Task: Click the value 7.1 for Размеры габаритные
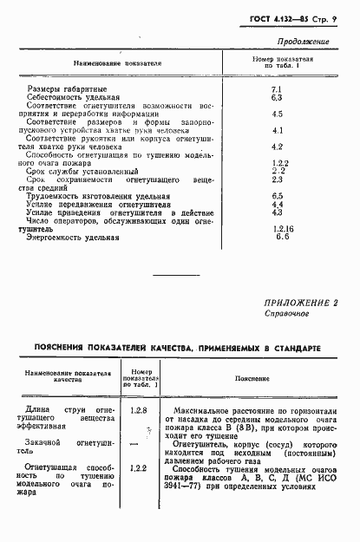click(x=278, y=89)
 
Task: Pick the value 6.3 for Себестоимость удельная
click(x=278, y=98)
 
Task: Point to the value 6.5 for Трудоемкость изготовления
click(x=278, y=196)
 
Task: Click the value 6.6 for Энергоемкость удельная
click(x=279, y=236)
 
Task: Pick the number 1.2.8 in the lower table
click(x=136, y=407)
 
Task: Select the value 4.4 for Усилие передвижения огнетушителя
click(x=278, y=205)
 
